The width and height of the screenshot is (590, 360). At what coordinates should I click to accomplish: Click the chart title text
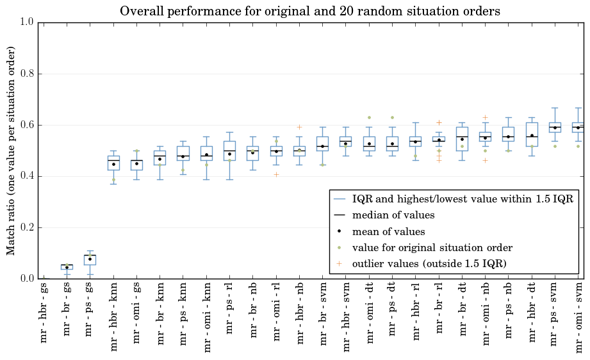pyautogui.click(x=309, y=12)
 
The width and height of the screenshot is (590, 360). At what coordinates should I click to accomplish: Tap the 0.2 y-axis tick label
pyautogui.click(x=27, y=227)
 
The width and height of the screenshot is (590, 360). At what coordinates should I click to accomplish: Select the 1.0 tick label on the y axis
pyautogui.click(x=27, y=22)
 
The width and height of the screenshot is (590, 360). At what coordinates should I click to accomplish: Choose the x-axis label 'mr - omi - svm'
pyautogui.click(x=578, y=318)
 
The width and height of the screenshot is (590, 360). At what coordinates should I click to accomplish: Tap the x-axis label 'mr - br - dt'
pyautogui.click(x=463, y=309)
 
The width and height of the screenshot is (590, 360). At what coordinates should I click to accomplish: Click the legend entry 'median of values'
pyautogui.click(x=393, y=215)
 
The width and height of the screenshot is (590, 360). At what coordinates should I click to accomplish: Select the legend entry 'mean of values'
pyautogui.click(x=388, y=231)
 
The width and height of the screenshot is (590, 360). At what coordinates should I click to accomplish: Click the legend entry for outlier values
pyautogui.click(x=429, y=263)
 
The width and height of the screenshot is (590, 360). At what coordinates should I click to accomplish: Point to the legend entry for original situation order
pyautogui.click(x=432, y=247)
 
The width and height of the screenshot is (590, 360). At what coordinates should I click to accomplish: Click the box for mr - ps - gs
pyautogui.click(x=90, y=260)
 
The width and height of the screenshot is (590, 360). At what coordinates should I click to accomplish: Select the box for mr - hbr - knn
pyautogui.click(x=113, y=163)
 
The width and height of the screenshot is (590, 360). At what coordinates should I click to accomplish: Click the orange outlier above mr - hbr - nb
pyautogui.click(x=300, y=127)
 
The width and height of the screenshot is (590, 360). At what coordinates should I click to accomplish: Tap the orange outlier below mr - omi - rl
pyautogui.click(x=276, y=174)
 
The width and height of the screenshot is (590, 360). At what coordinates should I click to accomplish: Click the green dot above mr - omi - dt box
pyautogui.click(x=369, y=118)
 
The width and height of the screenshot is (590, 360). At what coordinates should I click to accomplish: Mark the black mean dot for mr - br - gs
pyautogui.click(x=67, y=268)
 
